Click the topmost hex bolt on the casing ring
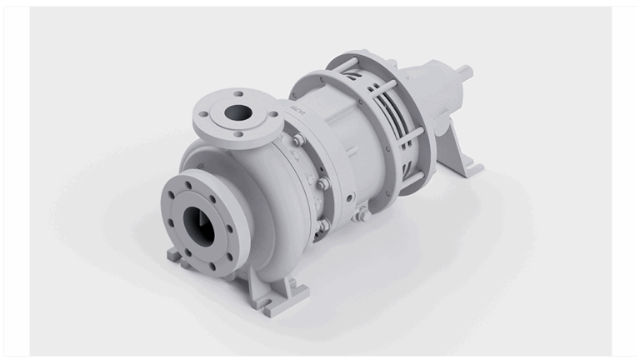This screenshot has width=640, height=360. [297, 141]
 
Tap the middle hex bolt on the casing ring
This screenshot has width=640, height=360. [322, 184]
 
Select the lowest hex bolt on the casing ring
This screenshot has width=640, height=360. [322, 225]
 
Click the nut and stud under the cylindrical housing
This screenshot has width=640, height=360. [362, 215]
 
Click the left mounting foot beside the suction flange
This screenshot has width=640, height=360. [177, 255]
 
